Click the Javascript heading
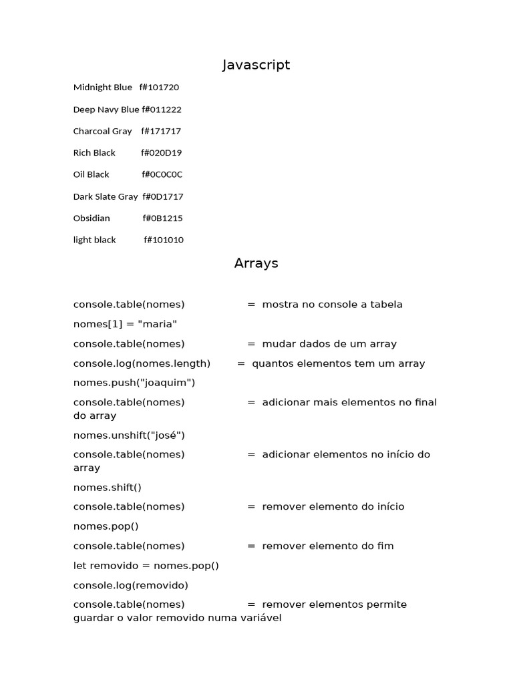pyautogui.click(x=256, y=65)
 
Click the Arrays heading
pyautogui.click(x=256, y=263)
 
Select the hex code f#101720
pyautogui.click(x=159, y=88)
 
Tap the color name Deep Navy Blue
pyautogui.click(x=106, y=110)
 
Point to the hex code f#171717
pyautogui.click(x=161, y=131)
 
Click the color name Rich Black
pyautogui.click(x=94, y=153)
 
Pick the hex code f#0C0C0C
pyautogui.click(x=162, y=174)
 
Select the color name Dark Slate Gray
pyautogui.click(x=106, y=196)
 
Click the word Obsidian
pyautogui.click(x=92, y=218)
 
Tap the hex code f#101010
pyautogui.click(x=164, y=240)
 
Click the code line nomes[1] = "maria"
pyautogui.click(x=125, y=324)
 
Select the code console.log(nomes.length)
pyautogui.click(x=142, y=363)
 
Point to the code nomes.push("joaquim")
pyautogui.click(x=134, y=383)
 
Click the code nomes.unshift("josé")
pyautogui.click(x=129, y=436)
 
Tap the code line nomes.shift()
pyautogui.click(x=108, y=488)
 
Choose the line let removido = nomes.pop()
pyautogui.click(x=146, y=566)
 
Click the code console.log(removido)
pyautogui.click(x=131, y=585)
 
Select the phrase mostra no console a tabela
pyautogui.click(x=332, y=305)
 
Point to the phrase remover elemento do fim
pyautogui.click(x=328, y=546)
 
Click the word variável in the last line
pyautogui.click(x=261, y=618)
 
